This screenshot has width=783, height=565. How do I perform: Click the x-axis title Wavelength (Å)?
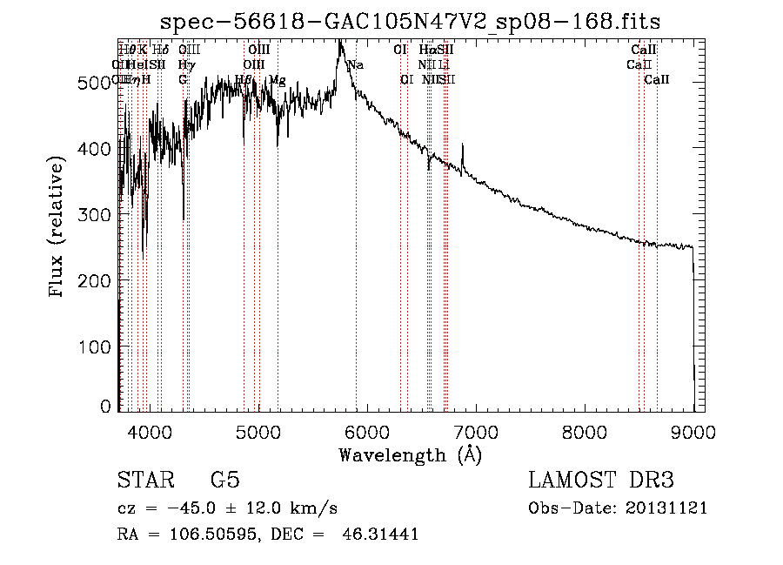(x=410, y=454)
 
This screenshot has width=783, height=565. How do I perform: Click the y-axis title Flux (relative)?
(x=58, y=228)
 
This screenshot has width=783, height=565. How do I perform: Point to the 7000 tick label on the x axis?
(x=475, y=430)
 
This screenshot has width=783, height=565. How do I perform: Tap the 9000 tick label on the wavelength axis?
(x=693, y=430)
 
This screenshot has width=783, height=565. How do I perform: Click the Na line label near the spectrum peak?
(x=355, y=65)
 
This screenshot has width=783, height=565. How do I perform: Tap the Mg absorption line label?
(x=277, y=80)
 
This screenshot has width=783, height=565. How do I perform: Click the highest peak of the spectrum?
(x=339, y=44)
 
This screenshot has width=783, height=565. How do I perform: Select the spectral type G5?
(x=224, y=480)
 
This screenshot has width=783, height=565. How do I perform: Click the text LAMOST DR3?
(x=601, y=480)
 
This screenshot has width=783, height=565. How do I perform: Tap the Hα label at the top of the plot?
(x=426, y=50)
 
